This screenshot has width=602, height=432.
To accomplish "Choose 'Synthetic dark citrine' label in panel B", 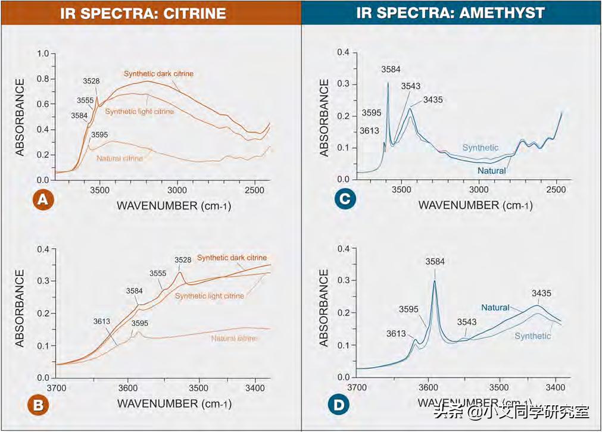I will [232, 258].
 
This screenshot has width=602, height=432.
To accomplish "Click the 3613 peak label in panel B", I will [103, 321].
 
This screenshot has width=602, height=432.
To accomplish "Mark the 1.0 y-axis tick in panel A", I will [43, 54].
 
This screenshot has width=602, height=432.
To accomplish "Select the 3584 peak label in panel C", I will [391, 70].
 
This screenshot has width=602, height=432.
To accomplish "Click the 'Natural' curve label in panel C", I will [491, 171].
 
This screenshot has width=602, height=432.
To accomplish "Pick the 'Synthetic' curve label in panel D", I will [533, 336].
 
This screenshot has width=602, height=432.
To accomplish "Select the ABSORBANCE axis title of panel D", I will [324, 308].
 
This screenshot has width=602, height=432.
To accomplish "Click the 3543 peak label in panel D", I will [467, 322].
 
